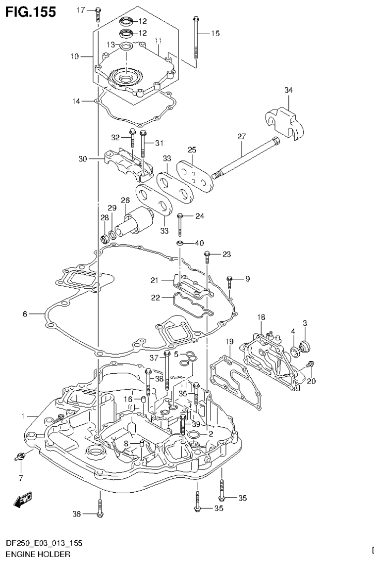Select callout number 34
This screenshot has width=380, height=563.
(x=289, y=90)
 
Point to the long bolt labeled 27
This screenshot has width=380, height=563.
(x=245, y=158)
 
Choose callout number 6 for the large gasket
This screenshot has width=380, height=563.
(x=25, y=313)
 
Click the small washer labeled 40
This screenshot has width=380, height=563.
(x=182, y=243)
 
